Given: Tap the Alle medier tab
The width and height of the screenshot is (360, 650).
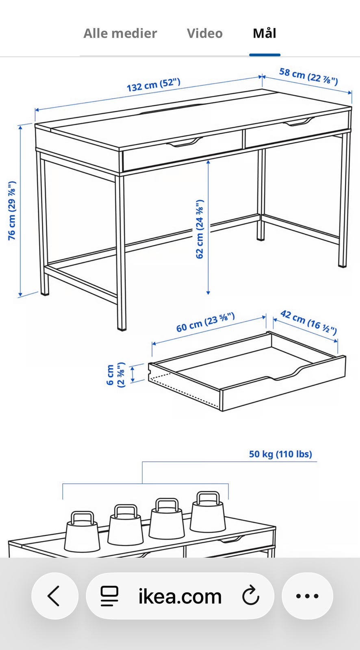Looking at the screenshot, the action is click(120, 33).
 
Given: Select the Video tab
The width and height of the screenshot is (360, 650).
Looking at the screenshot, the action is click(205, 33).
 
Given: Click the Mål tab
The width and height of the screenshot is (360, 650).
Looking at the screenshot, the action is click(265, 33).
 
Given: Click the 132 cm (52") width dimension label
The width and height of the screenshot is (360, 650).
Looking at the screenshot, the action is click(154, 85).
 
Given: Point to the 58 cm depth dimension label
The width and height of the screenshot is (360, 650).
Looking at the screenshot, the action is click(309, 76).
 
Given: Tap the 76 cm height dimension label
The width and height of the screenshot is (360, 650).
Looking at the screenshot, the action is click(12, 211).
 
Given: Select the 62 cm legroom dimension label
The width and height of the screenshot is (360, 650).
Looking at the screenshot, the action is click(200, 229).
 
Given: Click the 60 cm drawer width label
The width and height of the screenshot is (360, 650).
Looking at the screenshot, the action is click(206, 322).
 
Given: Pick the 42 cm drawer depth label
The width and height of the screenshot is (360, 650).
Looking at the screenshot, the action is click(309, 322).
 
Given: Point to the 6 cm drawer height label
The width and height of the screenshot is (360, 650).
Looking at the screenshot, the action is click(115, 375).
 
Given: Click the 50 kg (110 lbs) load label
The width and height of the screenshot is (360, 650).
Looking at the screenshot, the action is click(280, 454).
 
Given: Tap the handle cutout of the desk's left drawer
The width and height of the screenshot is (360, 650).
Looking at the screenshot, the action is click(185, 143).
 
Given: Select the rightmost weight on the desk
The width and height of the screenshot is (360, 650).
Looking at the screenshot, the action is click(208, 512).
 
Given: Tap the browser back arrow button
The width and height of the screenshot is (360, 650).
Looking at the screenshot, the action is click(54, 596).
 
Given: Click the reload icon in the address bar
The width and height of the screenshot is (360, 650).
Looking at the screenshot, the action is click(251, 596).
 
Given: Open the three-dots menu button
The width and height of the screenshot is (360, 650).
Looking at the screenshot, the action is click(308, 596).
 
